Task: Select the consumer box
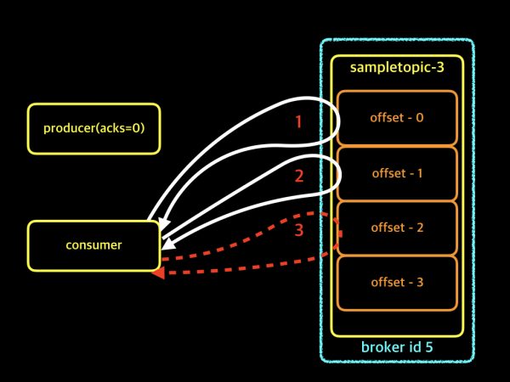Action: click(93, 245)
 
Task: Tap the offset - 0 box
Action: click(397, 117)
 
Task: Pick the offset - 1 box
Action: click(397, 172)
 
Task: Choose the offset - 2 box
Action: click(397, 228)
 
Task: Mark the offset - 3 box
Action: click(397, 282)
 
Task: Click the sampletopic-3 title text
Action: click(397, 66)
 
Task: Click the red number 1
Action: click(297, 121)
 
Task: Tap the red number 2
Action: click(298, 177)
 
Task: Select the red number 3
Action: click(298, 230)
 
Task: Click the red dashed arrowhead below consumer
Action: click(157, 272)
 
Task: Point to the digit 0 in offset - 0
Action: click(419, 117)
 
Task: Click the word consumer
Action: click(93, 245)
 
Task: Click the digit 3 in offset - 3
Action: click(419, 282)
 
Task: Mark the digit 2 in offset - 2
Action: click(419, 228)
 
